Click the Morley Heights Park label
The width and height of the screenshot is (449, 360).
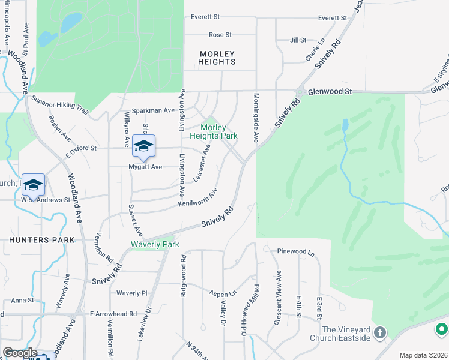[218, 132]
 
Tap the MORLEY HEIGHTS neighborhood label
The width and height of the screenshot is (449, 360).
[217, 58]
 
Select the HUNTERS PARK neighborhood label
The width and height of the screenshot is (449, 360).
[42, 240]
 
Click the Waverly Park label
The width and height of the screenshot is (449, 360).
[155, 245]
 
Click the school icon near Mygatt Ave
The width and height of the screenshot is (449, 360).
[144, 146]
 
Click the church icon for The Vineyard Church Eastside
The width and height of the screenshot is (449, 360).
[379, 332]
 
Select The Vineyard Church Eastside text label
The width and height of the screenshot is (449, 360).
[346, 334]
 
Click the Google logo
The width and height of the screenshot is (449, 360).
[20, 353]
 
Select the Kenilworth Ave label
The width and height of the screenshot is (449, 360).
[197, 197]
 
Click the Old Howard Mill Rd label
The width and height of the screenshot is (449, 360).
[257, 310]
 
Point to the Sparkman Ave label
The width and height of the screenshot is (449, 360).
[153, 111]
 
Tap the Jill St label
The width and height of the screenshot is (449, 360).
[298, 40]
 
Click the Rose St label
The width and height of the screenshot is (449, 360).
[220, 35]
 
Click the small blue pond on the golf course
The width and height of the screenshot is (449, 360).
[345, 125]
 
